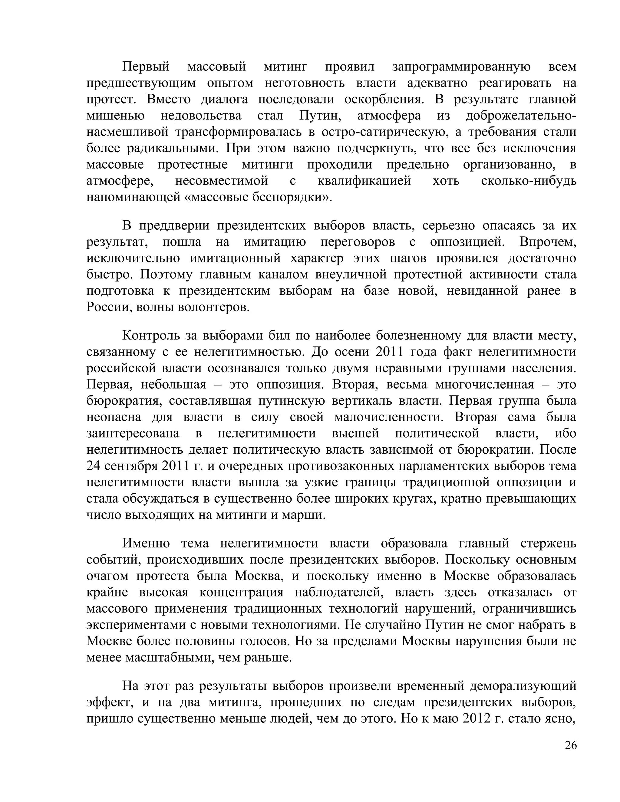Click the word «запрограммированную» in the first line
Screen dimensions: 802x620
click(461, 67)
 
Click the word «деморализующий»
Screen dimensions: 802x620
click(523, 685)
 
